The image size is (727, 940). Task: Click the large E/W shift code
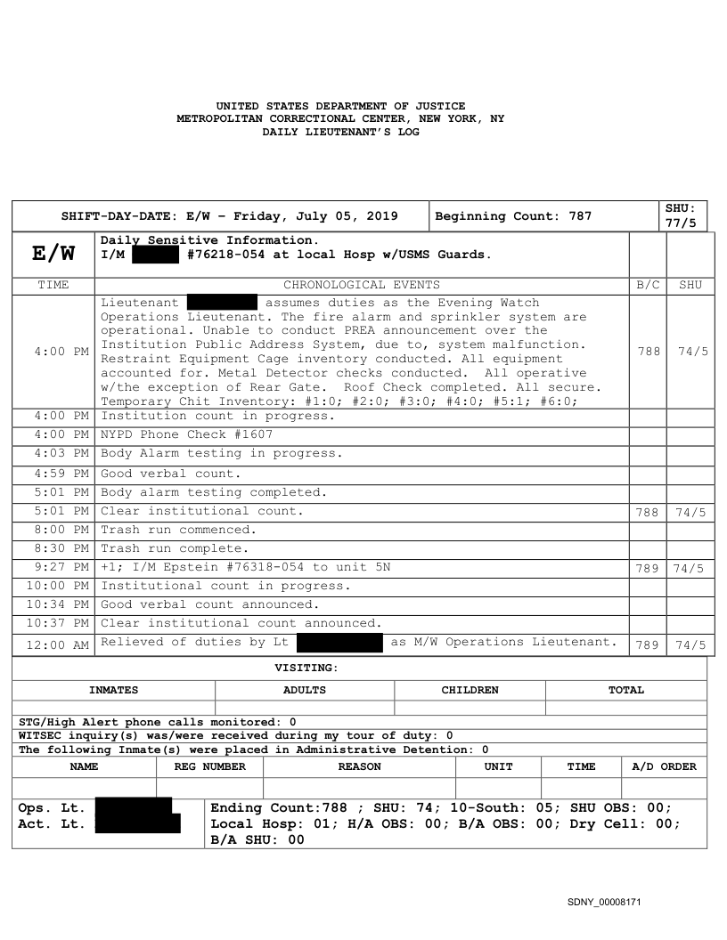53,255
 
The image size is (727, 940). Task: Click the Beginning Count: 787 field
513,216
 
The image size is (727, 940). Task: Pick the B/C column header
648,285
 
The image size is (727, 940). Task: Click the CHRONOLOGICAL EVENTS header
361,285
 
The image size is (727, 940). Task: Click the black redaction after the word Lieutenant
222,304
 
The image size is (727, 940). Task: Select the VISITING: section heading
306,668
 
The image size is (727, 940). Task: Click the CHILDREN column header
470,690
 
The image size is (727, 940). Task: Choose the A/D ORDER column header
665,766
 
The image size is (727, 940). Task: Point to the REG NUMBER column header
210,766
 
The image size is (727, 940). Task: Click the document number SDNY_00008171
603,903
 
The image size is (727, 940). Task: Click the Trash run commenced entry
178,530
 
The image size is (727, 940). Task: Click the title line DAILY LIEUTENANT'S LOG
340,131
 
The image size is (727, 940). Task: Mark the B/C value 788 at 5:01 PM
648,512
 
